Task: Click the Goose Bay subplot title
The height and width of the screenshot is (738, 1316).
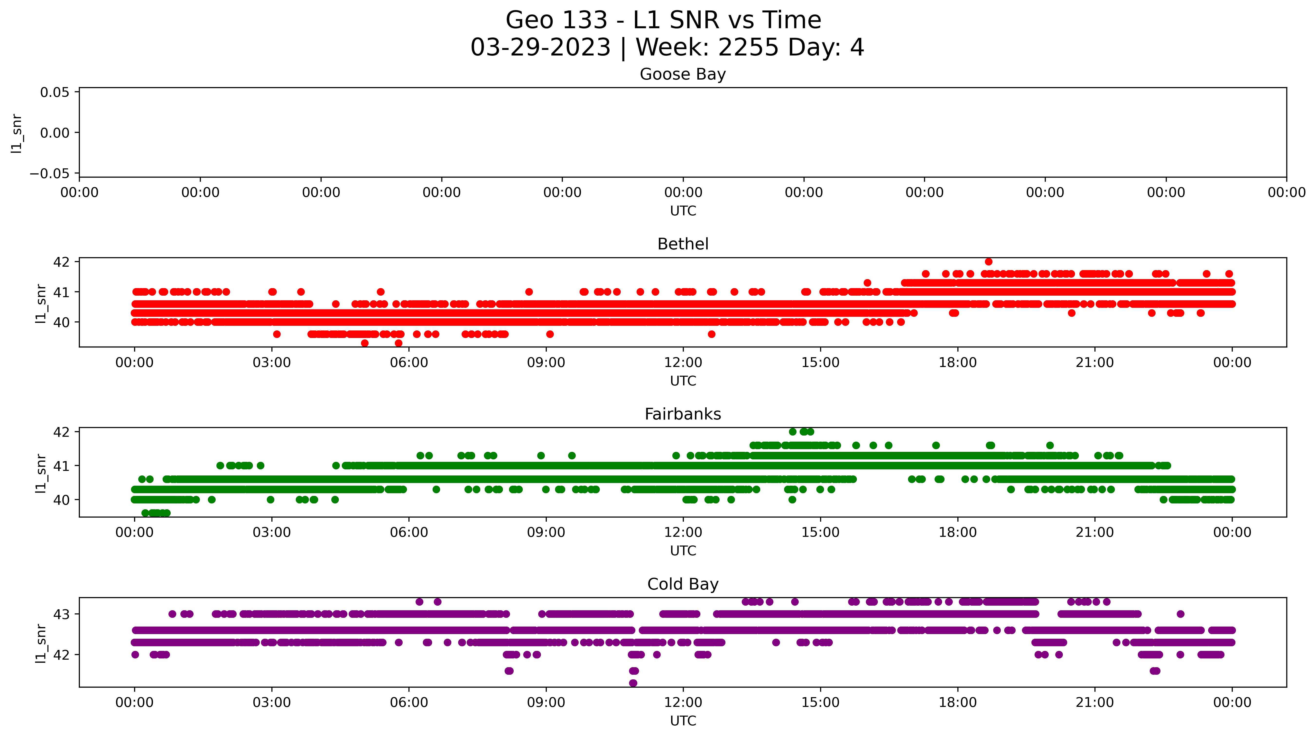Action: point(683,74)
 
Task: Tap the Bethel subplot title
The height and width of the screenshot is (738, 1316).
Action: point(683,244)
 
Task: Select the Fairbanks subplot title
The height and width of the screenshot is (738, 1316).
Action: point(683,414)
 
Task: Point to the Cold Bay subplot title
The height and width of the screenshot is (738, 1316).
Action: point(683,584)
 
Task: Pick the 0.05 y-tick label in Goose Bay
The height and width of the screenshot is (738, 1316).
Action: point(55,92)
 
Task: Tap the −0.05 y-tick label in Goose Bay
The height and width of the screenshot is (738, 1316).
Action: point(50,174)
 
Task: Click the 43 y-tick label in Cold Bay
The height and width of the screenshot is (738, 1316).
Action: point(61,614)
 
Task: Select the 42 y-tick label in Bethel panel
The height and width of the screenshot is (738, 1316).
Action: point(61,262)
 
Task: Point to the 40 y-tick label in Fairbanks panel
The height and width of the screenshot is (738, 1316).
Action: point(61,500)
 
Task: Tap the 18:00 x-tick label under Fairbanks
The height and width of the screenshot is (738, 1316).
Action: point(957,533)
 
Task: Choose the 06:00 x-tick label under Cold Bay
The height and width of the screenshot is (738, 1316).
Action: point(409,703)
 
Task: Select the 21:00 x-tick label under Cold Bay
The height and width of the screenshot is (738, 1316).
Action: point(1094,703)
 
